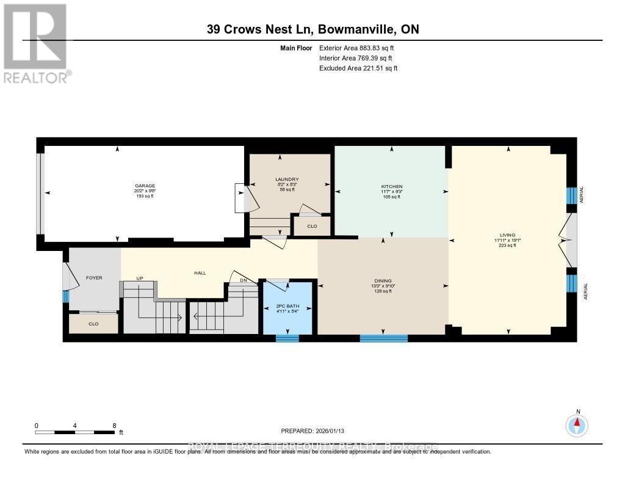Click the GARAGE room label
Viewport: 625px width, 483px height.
145,186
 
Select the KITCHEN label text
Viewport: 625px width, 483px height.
391,186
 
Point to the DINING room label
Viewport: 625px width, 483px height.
383,281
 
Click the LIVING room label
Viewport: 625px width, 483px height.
507,235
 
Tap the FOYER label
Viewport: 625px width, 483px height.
93,278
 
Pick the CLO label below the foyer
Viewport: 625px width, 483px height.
93,324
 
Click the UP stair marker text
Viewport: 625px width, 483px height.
139,278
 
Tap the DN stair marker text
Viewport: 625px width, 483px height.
242,280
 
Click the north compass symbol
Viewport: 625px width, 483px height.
577,424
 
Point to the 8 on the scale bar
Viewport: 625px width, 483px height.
114,425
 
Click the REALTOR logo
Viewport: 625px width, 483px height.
36,43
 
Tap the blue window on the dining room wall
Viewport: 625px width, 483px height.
383,338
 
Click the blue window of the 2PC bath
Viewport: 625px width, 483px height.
287,338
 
